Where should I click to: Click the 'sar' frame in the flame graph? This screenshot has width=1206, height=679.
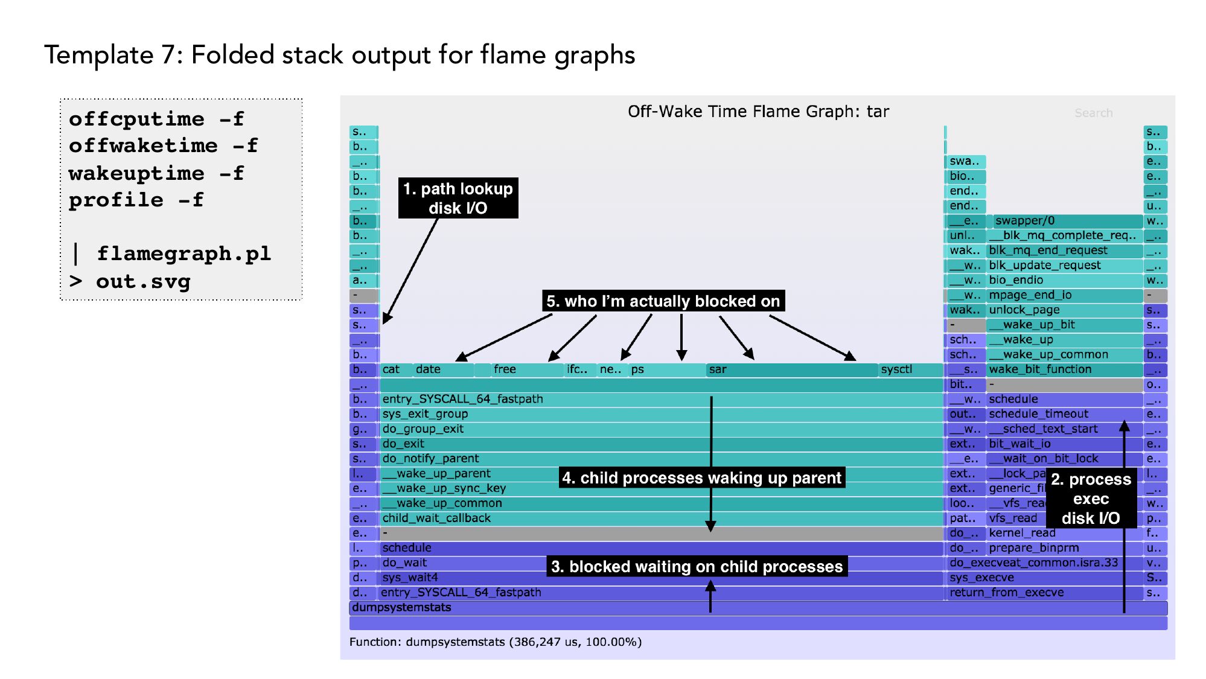click(791, 369)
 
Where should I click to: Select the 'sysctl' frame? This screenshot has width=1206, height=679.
click(910, 369)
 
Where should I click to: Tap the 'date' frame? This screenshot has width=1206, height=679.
click(442, 369)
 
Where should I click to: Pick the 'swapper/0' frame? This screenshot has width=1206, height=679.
click(1066, 221)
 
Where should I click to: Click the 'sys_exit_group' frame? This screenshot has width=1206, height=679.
click(661, 414)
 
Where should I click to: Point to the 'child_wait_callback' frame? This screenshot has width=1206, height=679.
click(661, 518)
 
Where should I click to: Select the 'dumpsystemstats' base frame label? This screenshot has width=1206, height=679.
click(402, 607)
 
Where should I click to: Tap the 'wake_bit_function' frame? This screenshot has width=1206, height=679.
click(1065, 369)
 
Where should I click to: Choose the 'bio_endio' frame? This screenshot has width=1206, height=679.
click(1065, 280)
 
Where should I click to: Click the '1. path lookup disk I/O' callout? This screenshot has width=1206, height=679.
click(458, 198)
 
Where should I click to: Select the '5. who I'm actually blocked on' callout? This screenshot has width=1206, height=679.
click(663, 301)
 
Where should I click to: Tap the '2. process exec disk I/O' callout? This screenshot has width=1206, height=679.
click(1091, 499)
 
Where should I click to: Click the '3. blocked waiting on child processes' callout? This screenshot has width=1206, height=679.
click(697, 566)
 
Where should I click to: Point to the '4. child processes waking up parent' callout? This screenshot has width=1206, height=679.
click(701, 478)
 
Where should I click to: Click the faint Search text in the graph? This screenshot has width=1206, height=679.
click(1093, 113)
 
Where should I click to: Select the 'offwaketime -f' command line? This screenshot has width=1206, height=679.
click(163, 145)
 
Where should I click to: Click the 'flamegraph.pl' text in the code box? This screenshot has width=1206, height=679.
click(183, 253)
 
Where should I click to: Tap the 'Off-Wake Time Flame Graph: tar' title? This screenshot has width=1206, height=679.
click(758, 112)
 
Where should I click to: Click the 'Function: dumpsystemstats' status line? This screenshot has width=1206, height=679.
click(495, 642)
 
